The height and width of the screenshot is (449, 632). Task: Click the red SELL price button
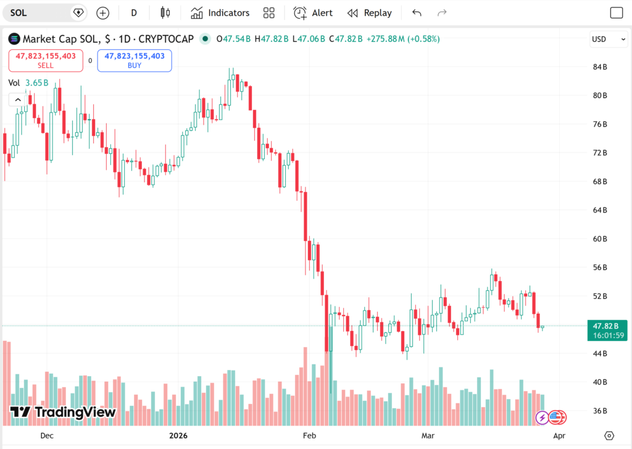point(46,61)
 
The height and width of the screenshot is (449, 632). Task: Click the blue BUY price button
point(135,61)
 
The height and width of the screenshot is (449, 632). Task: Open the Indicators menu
point(220,13)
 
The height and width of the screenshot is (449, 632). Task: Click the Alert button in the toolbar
point(313,13)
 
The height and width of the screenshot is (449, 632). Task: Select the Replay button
point(369,13)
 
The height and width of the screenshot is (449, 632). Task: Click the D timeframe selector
point(134,13)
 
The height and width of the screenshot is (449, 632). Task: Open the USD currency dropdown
point(607,39)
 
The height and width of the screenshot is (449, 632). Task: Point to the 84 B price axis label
point(600,67)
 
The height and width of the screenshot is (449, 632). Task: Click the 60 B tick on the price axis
point(600,239)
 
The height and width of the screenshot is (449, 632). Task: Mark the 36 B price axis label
point(600,411)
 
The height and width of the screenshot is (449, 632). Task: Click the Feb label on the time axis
point(309,435)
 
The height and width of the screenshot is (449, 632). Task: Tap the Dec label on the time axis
point(47,435)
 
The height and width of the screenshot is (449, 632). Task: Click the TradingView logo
point(63,412)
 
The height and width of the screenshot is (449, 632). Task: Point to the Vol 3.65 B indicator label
point(28,83)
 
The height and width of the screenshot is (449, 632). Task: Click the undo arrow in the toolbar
point(417,13)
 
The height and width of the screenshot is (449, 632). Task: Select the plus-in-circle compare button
point(102,13)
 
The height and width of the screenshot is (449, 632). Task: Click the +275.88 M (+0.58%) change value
point(402,39)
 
